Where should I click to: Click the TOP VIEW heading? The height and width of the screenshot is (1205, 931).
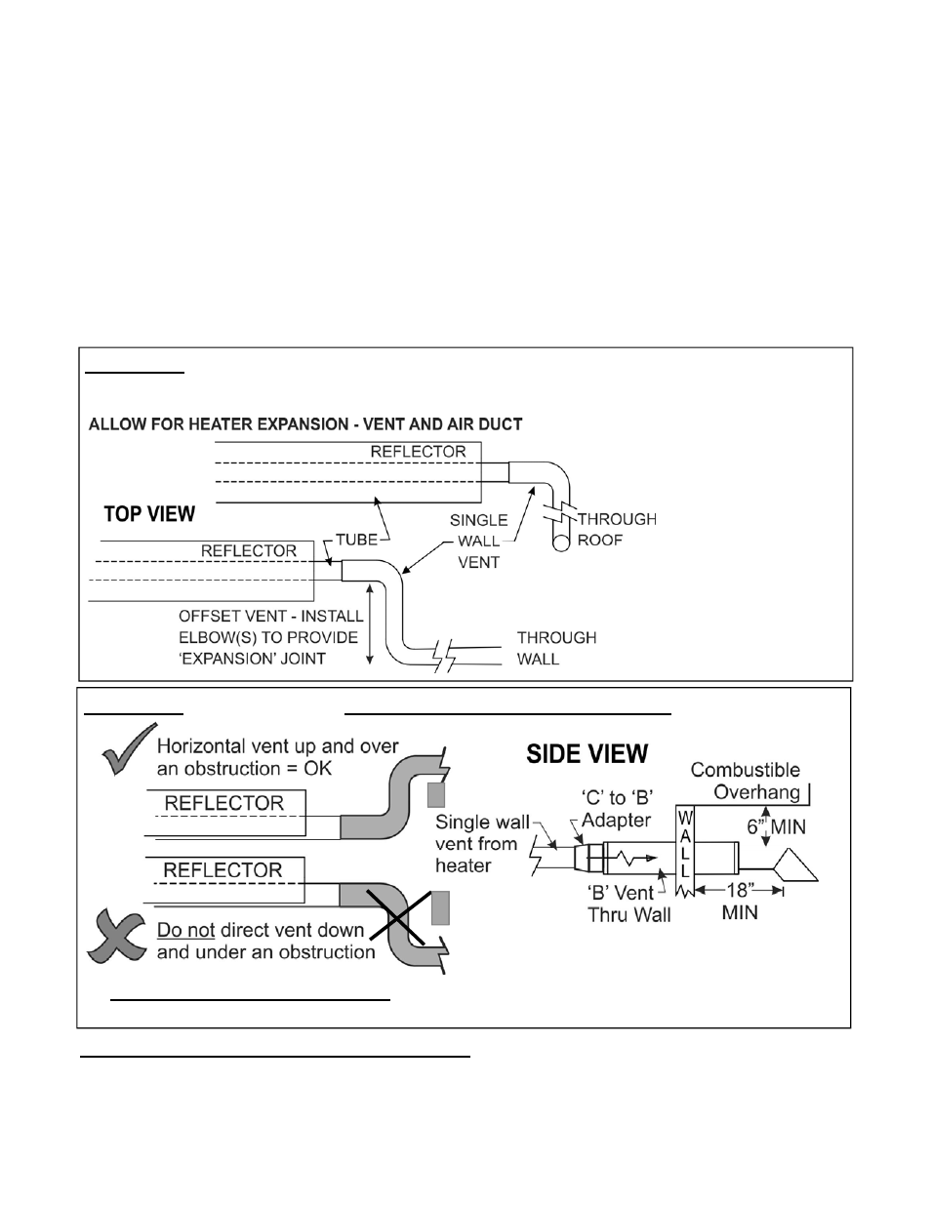tap(149, 514)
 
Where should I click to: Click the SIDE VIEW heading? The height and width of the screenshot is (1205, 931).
tap(587, 753)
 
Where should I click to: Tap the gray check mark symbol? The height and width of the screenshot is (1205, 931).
tap(129, 749)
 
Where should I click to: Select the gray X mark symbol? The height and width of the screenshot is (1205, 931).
tap(116, 937)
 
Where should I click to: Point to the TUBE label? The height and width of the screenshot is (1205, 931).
tap(356, 540)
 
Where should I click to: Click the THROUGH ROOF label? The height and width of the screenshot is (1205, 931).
tap(617, 530)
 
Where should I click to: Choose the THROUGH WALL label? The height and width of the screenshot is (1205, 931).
tap(556, 648)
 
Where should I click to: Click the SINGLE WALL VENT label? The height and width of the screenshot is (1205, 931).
tap(478, 542)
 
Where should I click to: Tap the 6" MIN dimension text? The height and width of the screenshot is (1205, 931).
tap(776, 826)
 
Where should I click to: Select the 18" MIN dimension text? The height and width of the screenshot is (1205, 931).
tap(740, 902)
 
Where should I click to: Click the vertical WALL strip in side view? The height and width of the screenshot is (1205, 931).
tap(685, 851)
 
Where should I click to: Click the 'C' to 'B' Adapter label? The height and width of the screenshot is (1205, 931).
tap(616, 809)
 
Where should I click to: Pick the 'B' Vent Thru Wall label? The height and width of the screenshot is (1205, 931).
tap(628, 904)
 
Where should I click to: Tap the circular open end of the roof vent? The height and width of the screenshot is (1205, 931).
tap(561, 543)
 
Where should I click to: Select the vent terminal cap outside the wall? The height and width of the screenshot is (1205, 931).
tap(795, 864)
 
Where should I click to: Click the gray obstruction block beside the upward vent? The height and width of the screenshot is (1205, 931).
tap(436, 794)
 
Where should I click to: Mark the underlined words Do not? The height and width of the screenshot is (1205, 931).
tap(185, 930)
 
